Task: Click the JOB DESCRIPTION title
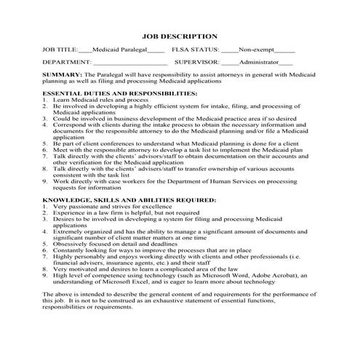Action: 179,36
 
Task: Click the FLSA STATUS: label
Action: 196,50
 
